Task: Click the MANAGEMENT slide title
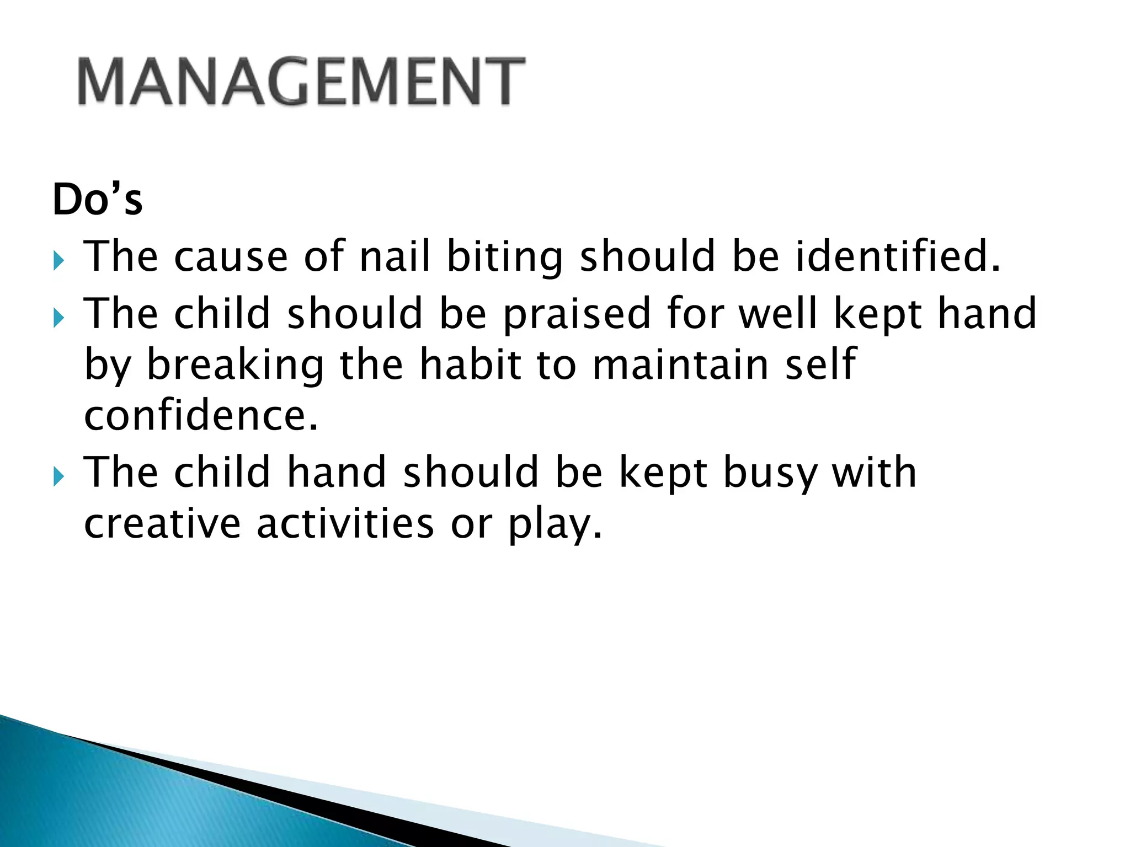point(301,81)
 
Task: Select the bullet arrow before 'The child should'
point(59,318)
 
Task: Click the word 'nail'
point(394,256)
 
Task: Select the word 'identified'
point(897,256)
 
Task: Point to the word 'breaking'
point(235,366)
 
